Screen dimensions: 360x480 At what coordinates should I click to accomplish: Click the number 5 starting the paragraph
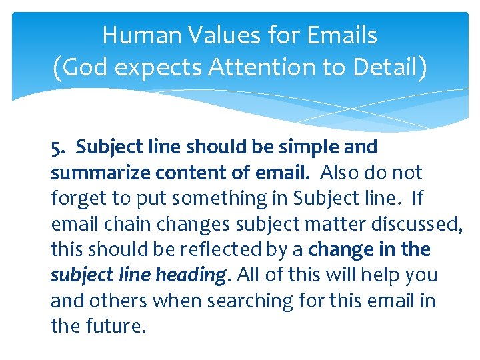tap(56, 147)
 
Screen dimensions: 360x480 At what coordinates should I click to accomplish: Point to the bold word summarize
tap(99, 173)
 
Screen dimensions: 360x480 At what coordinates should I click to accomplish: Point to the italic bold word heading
tap(193, 275)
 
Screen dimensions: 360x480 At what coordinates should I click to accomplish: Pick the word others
tap(117, 301)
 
